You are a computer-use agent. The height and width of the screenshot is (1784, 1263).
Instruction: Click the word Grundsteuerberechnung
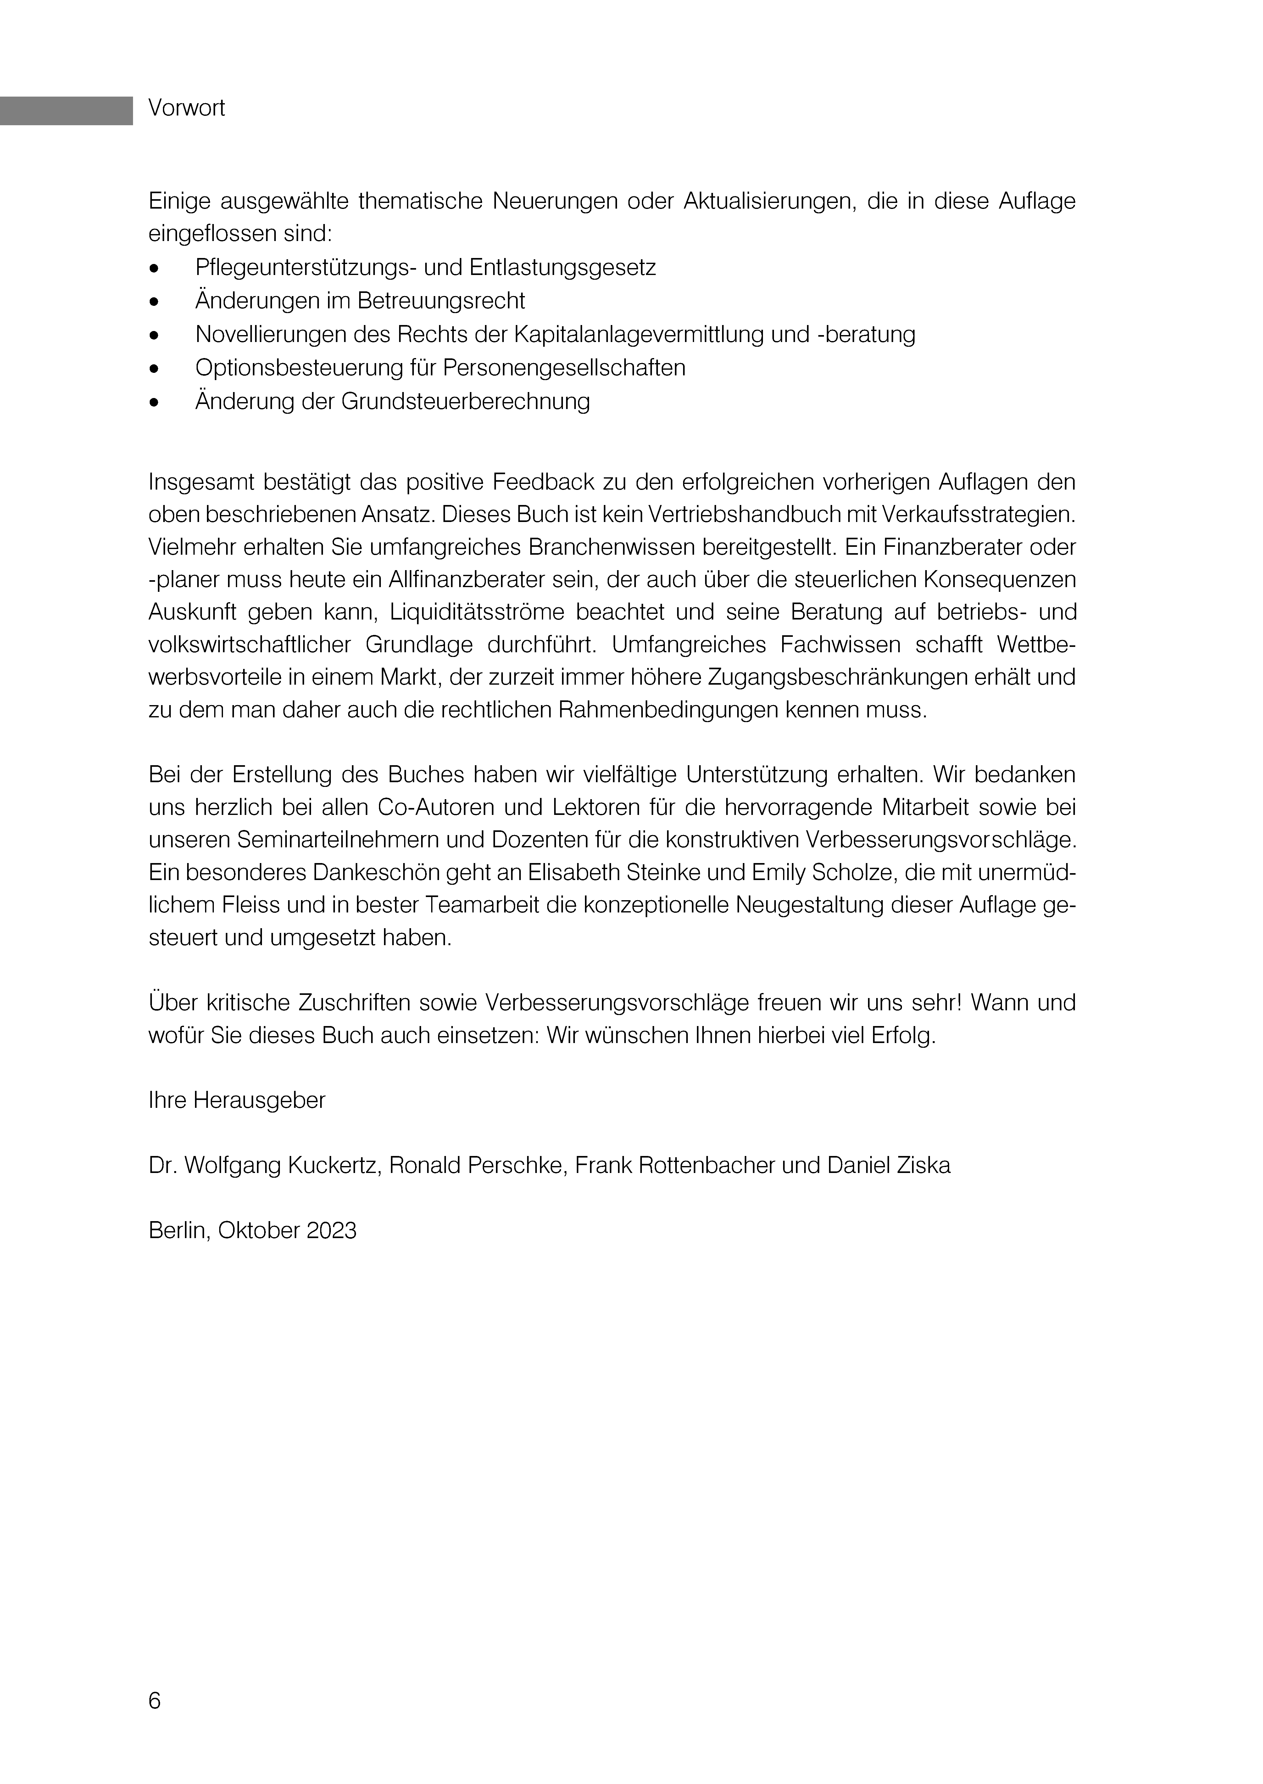(465, 401)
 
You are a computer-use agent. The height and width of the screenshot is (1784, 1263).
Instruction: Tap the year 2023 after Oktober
(331, 1231)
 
